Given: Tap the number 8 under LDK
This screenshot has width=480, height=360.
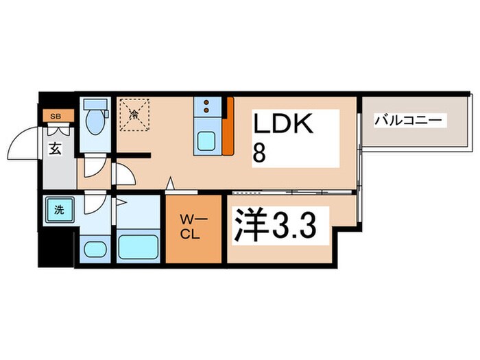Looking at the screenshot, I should coord(260,152).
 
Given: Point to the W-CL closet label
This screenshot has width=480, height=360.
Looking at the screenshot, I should coord(191,226).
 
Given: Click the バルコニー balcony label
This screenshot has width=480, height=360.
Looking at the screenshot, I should coord(410,121).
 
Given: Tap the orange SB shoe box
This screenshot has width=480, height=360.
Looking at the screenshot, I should coord(56,116).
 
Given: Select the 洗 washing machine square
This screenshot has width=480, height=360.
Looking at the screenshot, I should coord(59,210).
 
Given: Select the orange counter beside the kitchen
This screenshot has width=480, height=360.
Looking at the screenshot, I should coord(228,128).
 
